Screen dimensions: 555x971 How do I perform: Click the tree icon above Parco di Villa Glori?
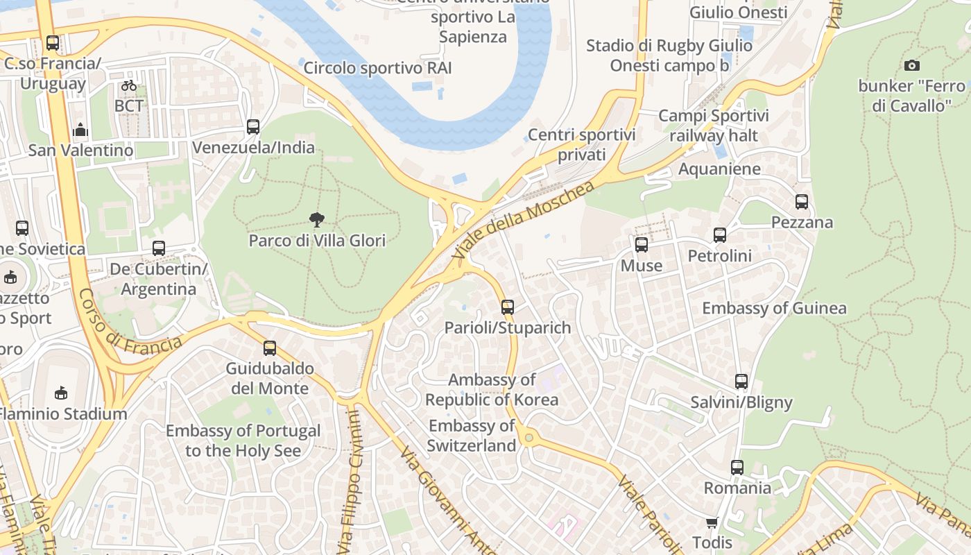click(x=317, y=221)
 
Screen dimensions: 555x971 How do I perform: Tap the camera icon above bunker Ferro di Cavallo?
click(x=912, y=66)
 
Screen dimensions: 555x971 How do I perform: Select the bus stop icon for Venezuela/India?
click(x=253, y=127)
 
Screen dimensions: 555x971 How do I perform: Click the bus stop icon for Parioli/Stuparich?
click(x=508, y=307)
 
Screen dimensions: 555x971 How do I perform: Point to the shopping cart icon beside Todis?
click(x=712, y=522)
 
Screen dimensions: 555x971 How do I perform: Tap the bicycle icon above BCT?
click(x=129, y=85)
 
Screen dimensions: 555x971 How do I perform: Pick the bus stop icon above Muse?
click(x=642, y=245)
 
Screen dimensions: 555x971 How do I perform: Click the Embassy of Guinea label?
click(x=774, y=308)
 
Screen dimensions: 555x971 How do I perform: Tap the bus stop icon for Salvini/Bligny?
click(x=741, y=382)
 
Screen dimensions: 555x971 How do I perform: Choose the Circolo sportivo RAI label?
click(x=377, y=68)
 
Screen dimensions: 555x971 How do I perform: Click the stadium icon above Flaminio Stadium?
click(x=61, y=393)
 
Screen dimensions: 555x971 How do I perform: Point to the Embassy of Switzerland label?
click(x=471, y=436)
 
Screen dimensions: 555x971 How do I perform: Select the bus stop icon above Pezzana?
click(x=802, y=202)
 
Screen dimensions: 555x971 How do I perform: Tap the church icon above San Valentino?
click(x=80, y=130)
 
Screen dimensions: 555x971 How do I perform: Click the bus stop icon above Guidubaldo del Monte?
click(x=270, y=348)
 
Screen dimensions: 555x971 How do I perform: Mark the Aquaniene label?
click(x=719, y=169)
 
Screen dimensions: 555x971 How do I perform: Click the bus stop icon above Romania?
click(x=737, y=468)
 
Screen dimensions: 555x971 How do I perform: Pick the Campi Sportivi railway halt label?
click(x=713, y=126)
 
